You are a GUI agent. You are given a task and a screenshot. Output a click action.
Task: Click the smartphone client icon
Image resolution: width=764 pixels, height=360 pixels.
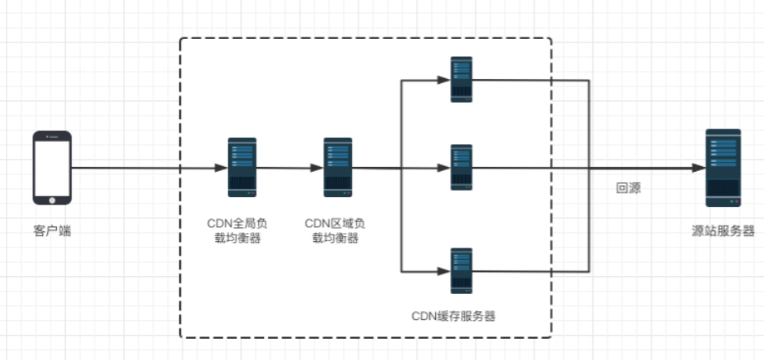pyautogui.click(x=51, y=169)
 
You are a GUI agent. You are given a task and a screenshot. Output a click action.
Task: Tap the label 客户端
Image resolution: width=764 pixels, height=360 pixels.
pyautogui.click(x=51, y=232)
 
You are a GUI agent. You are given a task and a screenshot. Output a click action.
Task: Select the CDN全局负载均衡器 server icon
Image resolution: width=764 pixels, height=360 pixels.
pyautogui.click(x=242, y=168)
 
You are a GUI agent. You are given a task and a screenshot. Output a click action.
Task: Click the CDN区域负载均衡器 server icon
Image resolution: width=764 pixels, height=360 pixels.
pyautogui.click(x=337, y=168)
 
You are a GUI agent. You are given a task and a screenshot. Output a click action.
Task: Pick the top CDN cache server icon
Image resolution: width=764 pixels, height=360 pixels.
pyautogui.click(x=462, y=79)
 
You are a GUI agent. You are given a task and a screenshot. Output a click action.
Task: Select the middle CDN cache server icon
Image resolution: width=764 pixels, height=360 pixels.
pyautogui.click(x=462, y=168)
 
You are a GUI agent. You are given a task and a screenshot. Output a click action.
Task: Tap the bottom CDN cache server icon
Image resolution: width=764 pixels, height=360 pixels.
pyautogui.click(x=462, y=270)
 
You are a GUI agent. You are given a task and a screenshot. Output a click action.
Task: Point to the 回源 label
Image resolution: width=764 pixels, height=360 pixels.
pyautogui.click(x=628, y=188)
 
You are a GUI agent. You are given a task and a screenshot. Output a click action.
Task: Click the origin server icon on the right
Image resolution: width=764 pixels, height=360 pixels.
pyautogui.click(x=723, y=168)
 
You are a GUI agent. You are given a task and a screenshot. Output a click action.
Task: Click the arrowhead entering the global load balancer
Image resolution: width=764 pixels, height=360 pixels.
pyautogui.click(x=222, y=169)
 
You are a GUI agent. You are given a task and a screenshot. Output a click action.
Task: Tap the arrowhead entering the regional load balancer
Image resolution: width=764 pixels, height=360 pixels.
pyautogui.click(x=318, y=169)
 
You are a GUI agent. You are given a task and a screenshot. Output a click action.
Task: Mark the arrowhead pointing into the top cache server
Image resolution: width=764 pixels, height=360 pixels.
pyautogui.click(x=445, y=80)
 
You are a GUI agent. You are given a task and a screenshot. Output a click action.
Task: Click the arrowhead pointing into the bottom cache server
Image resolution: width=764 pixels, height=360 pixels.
pyautogui.click(x=445, y=271)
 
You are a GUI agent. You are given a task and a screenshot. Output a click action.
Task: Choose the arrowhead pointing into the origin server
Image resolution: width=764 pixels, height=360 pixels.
pyautogui.click(x=699, y=169)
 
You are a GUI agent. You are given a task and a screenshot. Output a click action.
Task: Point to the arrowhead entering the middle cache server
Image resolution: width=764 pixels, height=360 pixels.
pyautogui.click(x=445, y=169)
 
